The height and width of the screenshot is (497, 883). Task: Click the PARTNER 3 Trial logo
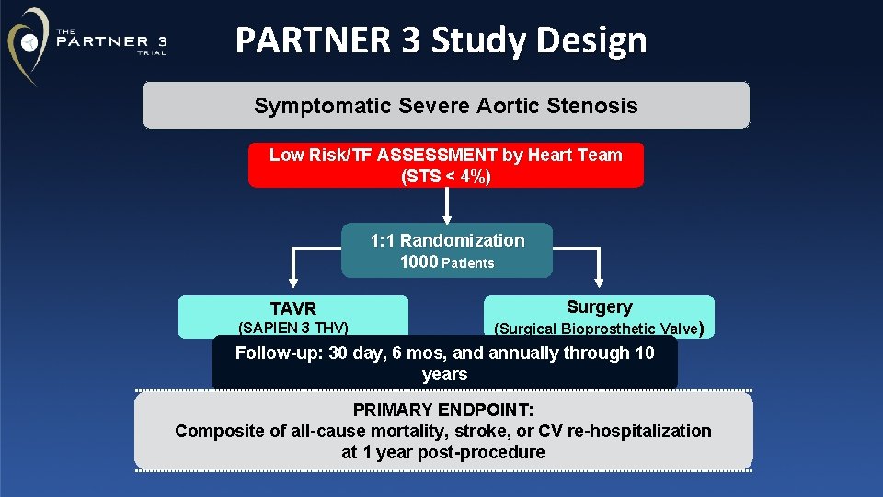point(87,42)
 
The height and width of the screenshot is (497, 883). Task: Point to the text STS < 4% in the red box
point(446,176)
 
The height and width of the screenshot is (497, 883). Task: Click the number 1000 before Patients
point(419,262)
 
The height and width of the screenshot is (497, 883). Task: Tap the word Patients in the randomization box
point(468,263)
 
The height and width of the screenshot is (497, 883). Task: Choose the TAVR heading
point(292,309)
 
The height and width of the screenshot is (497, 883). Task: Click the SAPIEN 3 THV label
point(292,328)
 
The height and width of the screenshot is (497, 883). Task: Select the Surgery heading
point(599,307)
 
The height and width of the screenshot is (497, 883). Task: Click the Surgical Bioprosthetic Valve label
point(599,329)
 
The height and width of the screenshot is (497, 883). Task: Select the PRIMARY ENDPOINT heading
point(443,410)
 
